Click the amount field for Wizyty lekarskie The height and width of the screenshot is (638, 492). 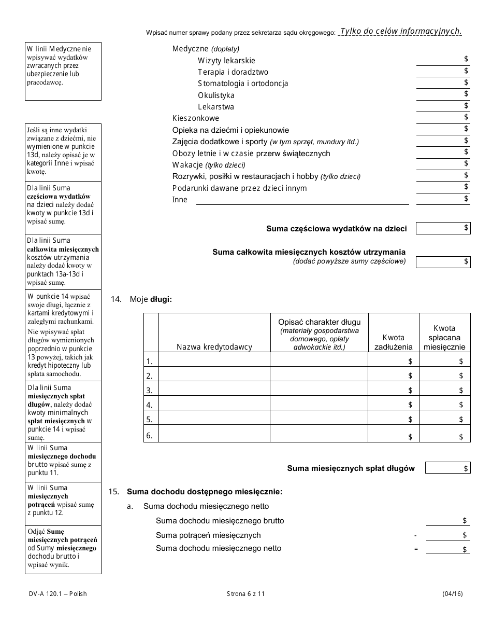click(x=443, y=60)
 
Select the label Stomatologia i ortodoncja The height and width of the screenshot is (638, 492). click(x=242, y=84)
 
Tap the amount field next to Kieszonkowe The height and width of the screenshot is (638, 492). click(x=443, y=118)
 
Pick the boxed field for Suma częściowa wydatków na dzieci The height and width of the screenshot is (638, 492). click(x=443, y=228)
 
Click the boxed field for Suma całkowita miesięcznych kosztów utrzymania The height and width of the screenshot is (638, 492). click(x=443, y=262)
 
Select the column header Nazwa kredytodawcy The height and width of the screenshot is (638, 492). click(x=214, y=347)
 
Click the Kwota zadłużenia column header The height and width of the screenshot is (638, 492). click(x=393, y=342)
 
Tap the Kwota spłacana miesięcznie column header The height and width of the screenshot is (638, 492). click(x=444, y=337)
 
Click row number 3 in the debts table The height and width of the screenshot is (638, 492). click(x=150, y=390)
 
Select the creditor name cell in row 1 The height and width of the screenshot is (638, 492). click(x=214, y=360)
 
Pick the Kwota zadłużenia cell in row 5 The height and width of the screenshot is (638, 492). click(x=393, y=419)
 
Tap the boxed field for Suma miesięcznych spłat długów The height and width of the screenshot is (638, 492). click(x=447, y=468)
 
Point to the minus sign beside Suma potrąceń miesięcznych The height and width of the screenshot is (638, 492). click(x=415, y=535)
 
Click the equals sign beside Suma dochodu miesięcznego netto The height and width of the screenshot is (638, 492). click(x=415, y=549)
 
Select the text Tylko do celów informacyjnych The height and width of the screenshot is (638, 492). click(x=400, y=31)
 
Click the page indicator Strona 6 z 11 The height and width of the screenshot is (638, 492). click(x=245, y=594)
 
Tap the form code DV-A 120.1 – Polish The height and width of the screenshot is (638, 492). click(x=56, y=594)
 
